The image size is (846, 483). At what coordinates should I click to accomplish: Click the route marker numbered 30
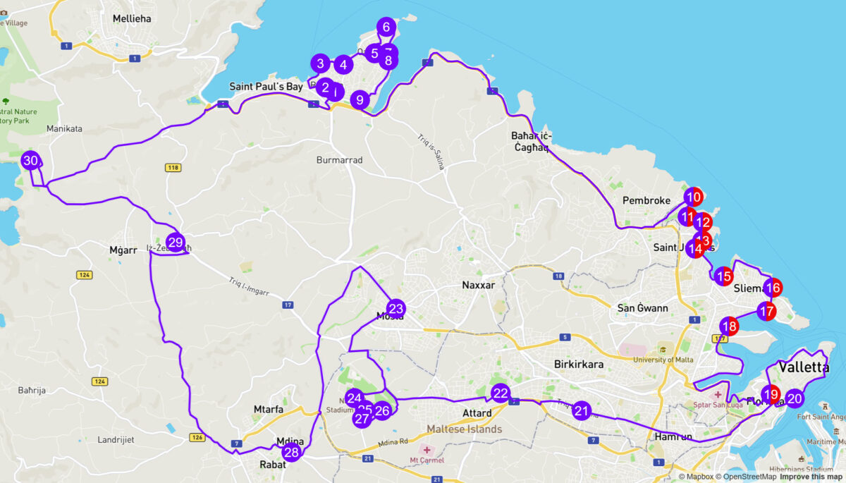tap(30, 161)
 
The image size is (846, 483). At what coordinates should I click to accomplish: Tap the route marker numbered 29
tap(175, 240)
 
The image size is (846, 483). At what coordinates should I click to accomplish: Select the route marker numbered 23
tap(396, 308)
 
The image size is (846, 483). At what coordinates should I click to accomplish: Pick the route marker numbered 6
tap(385, 27)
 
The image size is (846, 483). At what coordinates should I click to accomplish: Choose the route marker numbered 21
tap(582, 410)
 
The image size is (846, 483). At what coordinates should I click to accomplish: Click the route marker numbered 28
tap(291, 452)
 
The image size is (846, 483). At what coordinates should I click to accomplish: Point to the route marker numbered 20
tap(795, 398)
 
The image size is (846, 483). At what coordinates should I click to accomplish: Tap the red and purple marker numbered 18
tap(730, 326)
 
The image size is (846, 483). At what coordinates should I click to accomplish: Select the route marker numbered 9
tap(360, 99)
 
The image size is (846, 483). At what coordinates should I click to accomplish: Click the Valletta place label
tap(804, 367)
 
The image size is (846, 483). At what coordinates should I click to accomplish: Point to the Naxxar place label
tap(479, 286)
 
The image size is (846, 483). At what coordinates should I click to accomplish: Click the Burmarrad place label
tap(339, 160)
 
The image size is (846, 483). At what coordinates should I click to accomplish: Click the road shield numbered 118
tap(173, 168)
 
